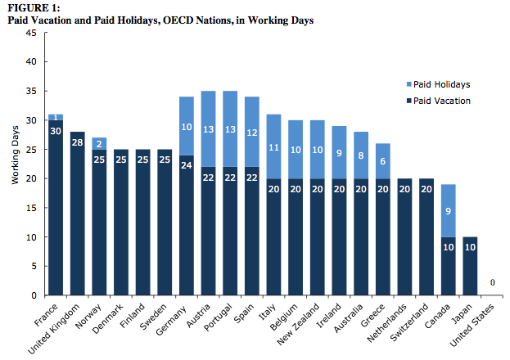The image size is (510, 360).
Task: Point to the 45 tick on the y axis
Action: click(30, 33)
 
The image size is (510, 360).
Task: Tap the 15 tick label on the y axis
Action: click(30, 208)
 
